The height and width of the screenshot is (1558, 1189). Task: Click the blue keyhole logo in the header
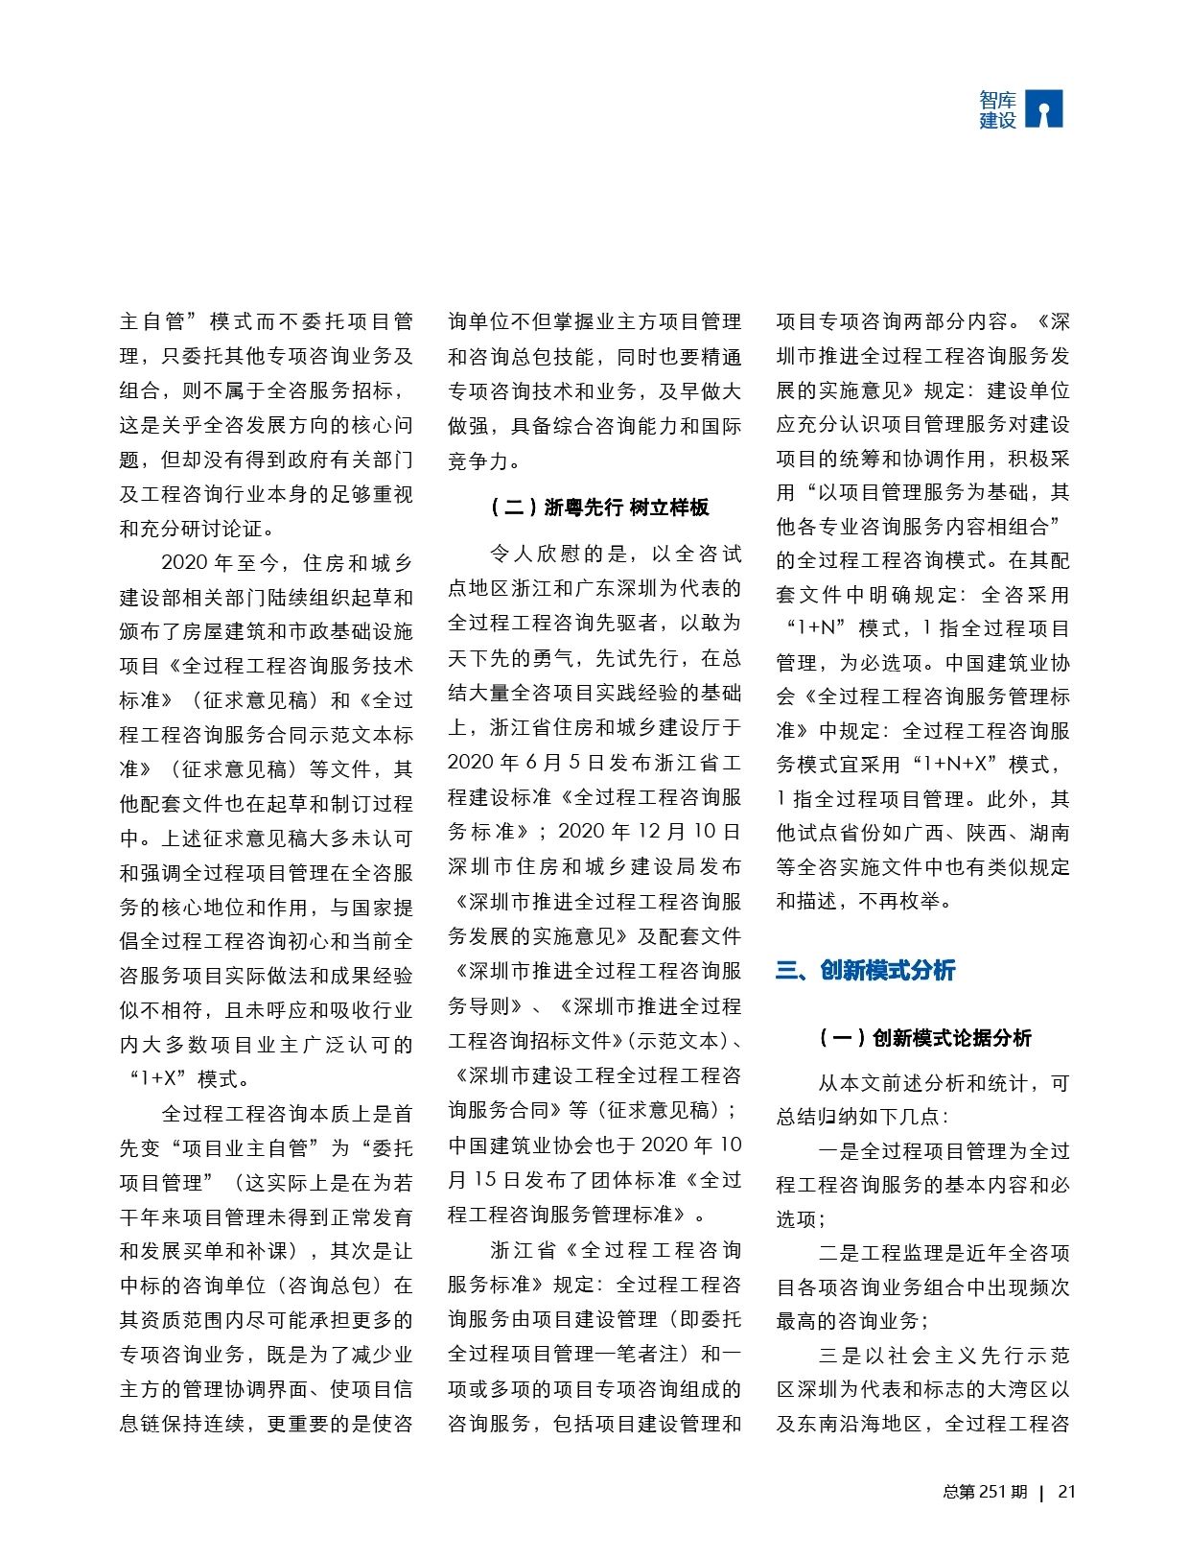pyautogui.click(x=1044, y=109)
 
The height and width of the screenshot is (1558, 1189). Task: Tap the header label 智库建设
pyautogui.click(x=997, y=110)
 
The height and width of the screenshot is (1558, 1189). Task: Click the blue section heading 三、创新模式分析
pyautogui.click(x=865, y=971)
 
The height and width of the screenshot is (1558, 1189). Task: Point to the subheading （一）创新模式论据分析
pyautogui.click(x=924, y=1038)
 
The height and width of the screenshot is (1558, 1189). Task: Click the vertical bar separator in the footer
pyautogui.click(x=1042, y=1493)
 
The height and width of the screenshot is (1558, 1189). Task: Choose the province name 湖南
pyautogui.click(x=1049, y=833)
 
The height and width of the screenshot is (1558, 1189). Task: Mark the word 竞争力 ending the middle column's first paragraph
pyautogui.click(x=478, y=460)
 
